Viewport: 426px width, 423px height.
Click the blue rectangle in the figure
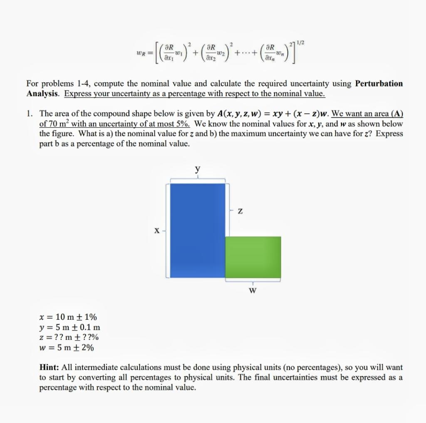pyautogui.click(x=198, y=230)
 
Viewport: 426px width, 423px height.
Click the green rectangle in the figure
pyautogui.click(x=253, y=257)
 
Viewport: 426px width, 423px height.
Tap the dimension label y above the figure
pyautogui.click(x=198, y=169)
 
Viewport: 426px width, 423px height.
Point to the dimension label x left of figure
pyautogui.click(x=157, y=230)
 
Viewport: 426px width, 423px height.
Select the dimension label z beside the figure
pyautogui.click(x=240, y=212)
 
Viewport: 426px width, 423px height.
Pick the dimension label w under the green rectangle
pyautogui.click(x=252, y=290)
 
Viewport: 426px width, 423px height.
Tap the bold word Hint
pyautogui.click(x=50, y=368)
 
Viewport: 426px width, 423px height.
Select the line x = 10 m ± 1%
pyautogui.click(x=67, y=318)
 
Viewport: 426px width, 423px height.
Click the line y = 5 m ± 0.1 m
pyautogui.click(x=69, y=328)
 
